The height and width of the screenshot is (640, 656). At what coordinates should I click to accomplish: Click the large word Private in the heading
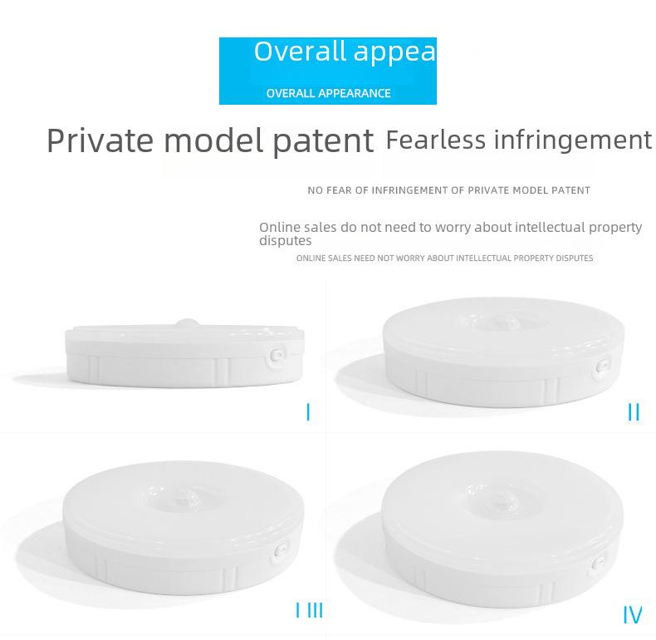100,140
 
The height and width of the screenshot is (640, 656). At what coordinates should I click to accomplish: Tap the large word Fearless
435,139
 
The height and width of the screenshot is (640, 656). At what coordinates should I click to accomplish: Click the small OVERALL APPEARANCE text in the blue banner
329,93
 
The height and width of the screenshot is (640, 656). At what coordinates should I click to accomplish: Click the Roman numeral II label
634,412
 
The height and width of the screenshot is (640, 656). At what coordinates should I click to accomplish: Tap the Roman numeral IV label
632,615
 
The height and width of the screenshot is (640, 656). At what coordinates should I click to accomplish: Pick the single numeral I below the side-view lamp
308,412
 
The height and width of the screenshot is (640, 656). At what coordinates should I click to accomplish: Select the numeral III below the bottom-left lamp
315,610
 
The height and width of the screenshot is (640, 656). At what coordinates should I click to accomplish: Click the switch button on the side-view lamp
277,356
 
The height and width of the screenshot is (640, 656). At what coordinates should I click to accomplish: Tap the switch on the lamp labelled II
601,367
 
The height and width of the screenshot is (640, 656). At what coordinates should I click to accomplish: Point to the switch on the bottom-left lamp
281,549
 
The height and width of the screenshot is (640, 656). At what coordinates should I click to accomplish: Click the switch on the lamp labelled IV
598,564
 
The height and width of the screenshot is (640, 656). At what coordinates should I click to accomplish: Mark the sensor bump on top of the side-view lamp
188,322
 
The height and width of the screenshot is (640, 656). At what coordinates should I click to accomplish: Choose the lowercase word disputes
286,241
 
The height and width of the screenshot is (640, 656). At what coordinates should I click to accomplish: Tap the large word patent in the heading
323,141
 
